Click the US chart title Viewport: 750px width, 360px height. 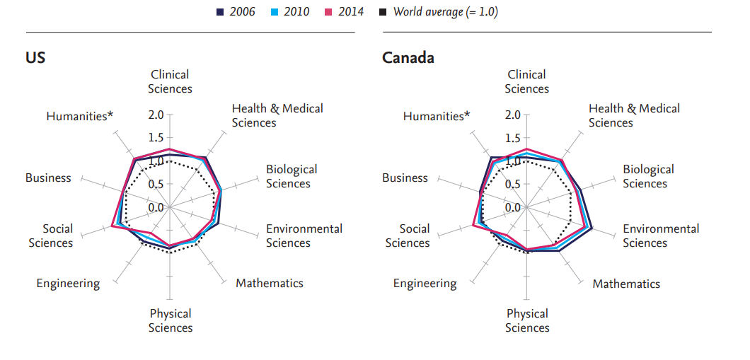[35, 58]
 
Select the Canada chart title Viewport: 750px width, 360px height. [408, 58]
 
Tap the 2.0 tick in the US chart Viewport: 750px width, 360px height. [156, 115]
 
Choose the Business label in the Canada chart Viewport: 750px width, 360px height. [405, 178]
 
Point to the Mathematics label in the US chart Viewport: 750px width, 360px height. [270, 284]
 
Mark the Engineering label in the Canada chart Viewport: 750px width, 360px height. [425, 284]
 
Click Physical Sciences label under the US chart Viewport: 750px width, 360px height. [171, 320]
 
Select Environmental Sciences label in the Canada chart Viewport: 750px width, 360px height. [661, 236]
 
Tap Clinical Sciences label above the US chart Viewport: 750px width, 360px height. [171, 81]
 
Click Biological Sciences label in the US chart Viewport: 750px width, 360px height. [292, 177]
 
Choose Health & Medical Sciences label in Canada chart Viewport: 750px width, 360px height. [634, 115]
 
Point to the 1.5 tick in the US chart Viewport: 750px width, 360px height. [156, 138]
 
